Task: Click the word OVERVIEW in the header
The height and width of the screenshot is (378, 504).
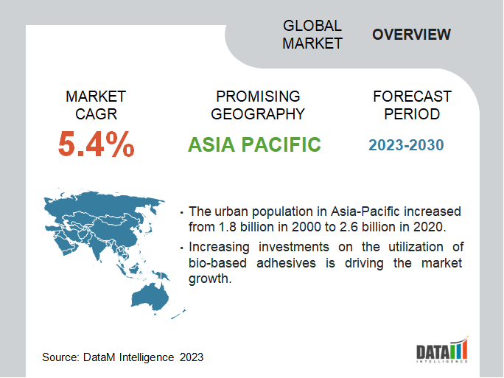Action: [411, 35]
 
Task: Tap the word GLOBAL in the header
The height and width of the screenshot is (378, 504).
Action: [312, 26]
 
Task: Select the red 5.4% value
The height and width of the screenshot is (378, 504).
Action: [96, 144]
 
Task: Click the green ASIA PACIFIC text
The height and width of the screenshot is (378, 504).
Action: [254, 144]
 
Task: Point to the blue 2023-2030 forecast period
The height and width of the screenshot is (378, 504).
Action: [406, 145]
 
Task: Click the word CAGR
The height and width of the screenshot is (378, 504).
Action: [96, 114]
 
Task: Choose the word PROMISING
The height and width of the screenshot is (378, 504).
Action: [258, 97]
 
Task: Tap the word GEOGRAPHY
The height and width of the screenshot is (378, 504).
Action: [258, 114]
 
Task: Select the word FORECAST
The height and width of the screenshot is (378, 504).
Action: [412, 97]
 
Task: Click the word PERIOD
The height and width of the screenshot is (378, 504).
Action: [412, 114]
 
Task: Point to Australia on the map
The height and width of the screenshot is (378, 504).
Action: [150, 296]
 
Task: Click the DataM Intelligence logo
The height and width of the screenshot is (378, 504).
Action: [442, 349]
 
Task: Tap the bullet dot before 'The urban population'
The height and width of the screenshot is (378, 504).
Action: [181, 213]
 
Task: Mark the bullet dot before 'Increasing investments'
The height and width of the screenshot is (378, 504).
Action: [181, 248]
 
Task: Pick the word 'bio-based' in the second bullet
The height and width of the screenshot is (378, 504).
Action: [217, 263]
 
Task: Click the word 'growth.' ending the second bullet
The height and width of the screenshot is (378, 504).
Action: [210, 279]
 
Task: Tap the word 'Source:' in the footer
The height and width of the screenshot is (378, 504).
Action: [60, 357]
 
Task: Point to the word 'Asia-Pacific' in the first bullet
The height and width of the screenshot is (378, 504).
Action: [365, 211]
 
